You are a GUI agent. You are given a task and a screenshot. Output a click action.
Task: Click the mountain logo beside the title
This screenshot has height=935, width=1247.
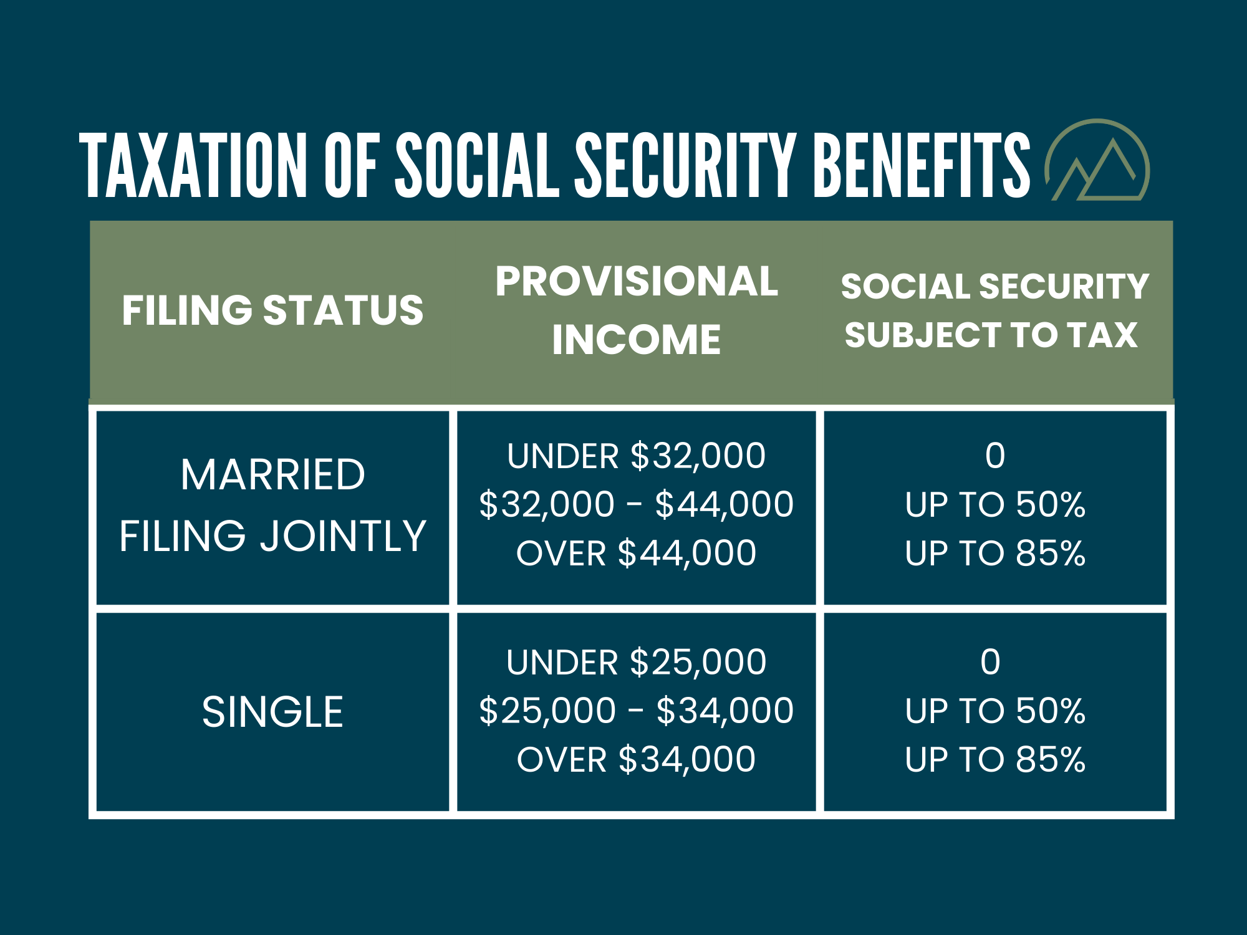point(1097,162)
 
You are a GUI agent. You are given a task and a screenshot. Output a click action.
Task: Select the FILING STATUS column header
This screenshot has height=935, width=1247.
point(272,310)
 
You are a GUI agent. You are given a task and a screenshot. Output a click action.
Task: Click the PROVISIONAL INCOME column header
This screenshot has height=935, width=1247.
point(637,310)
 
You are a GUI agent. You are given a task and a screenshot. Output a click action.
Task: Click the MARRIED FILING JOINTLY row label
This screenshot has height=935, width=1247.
point(272,505)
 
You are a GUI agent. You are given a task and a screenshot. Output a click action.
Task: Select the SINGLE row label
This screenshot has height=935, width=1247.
point(272,712)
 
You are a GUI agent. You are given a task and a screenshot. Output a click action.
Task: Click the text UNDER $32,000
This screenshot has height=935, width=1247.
point(637,456)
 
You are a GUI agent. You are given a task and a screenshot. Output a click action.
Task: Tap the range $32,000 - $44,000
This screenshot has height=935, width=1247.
point(637,504)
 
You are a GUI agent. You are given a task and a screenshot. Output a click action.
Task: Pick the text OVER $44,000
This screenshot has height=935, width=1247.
point(637,553)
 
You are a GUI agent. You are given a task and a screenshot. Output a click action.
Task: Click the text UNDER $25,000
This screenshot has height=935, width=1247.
point(637,662)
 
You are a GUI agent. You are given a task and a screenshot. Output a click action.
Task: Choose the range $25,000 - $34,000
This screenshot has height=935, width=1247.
point(637,711)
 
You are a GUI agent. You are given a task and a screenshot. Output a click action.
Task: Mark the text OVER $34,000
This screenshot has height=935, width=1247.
point(637,759)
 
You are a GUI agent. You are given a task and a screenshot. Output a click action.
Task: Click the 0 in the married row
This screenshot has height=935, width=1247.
point(995,456)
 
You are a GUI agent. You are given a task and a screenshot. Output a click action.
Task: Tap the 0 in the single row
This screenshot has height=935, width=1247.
point(990,662)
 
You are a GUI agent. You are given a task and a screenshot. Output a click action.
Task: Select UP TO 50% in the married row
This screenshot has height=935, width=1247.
point(995,504)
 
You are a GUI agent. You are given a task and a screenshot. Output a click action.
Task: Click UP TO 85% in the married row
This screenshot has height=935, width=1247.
point(995,553)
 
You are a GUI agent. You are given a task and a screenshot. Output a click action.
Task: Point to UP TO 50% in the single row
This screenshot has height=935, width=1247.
point(995,711)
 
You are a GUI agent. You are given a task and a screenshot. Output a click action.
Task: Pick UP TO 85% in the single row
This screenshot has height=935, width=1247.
point(995,759)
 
